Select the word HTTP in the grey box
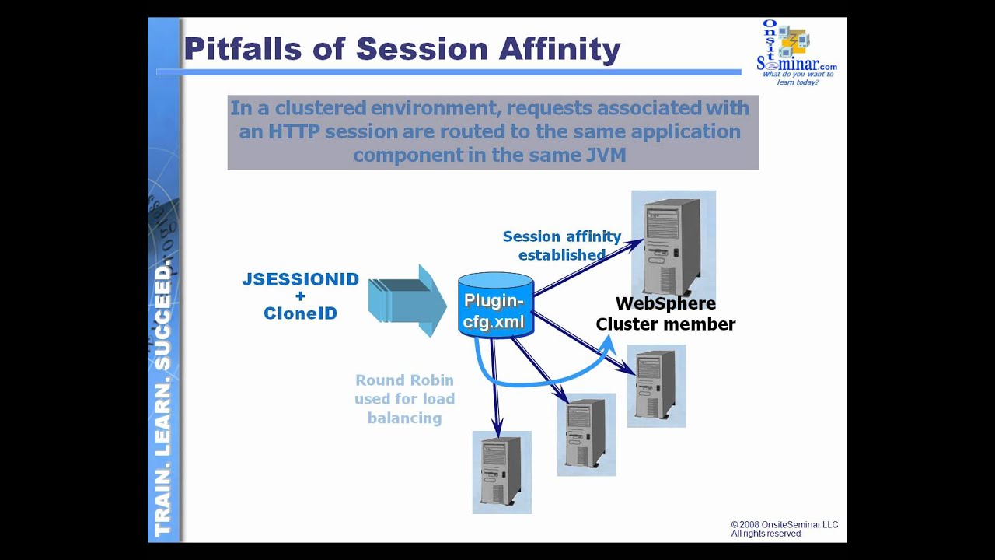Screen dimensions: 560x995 point(294,131)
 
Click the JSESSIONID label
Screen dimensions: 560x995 point(300,280)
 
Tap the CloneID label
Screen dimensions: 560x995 point(300,314)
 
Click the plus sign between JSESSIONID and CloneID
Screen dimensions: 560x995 point(300,297)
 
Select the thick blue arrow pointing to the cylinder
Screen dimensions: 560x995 point(407,300)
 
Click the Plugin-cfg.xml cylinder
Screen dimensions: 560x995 point(495,305)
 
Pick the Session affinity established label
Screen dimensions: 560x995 point(561,246)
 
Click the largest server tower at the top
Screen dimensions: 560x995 point(673,240)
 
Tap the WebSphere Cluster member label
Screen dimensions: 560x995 point(665,314)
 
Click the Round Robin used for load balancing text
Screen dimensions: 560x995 point(404,399)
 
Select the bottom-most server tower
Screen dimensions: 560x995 point(501,471)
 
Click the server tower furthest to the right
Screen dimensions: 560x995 point(656,386)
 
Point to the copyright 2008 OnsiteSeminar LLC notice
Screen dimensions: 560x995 point(784,529)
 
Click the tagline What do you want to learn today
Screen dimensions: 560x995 point(798,78)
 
